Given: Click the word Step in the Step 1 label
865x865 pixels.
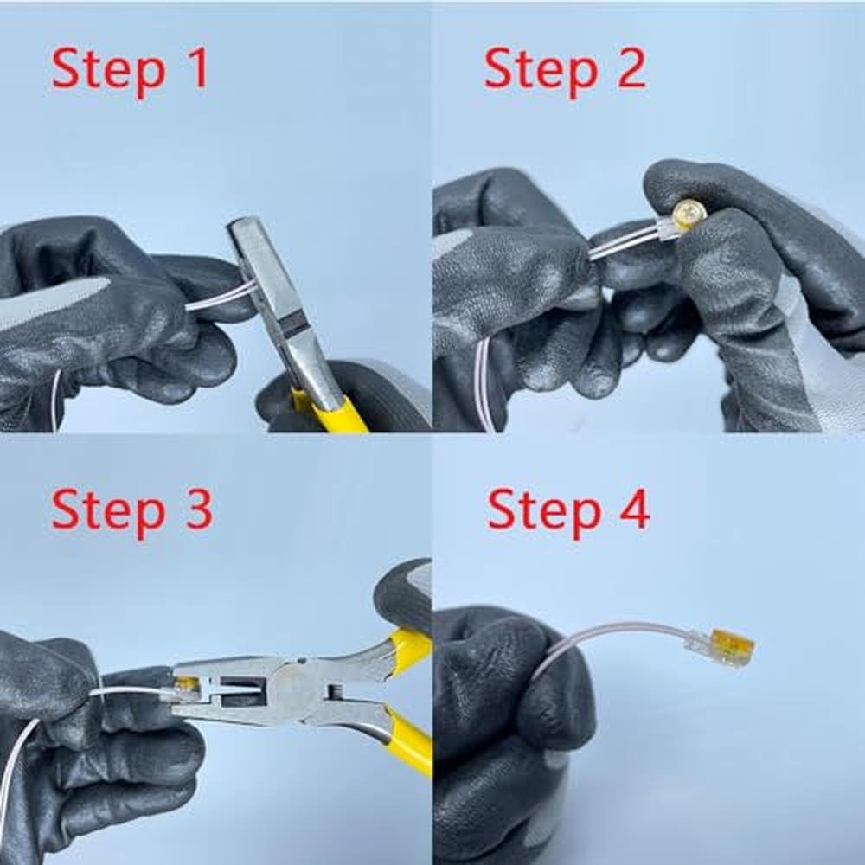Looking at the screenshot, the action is pos(109,71).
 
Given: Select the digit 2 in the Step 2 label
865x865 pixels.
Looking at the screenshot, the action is pos(631,67).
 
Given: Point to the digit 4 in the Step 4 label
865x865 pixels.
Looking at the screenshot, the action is pos(634,509).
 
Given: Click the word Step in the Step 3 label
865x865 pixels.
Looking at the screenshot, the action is pos(109,512).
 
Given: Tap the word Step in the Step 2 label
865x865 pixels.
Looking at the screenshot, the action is pos(541,71).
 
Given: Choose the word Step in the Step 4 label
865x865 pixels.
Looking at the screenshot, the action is pos(544,512).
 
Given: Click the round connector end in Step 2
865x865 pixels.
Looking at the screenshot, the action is pos(688,215).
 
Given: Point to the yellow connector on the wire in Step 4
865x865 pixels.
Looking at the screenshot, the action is pos(733,646).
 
